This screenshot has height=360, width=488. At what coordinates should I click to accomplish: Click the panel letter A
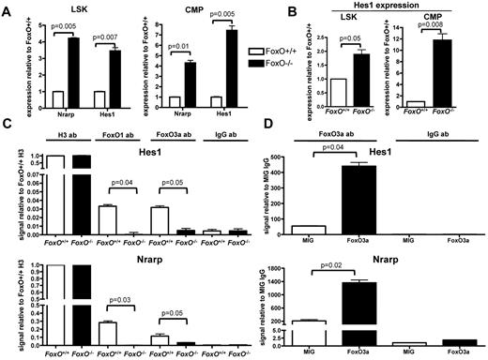7,7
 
